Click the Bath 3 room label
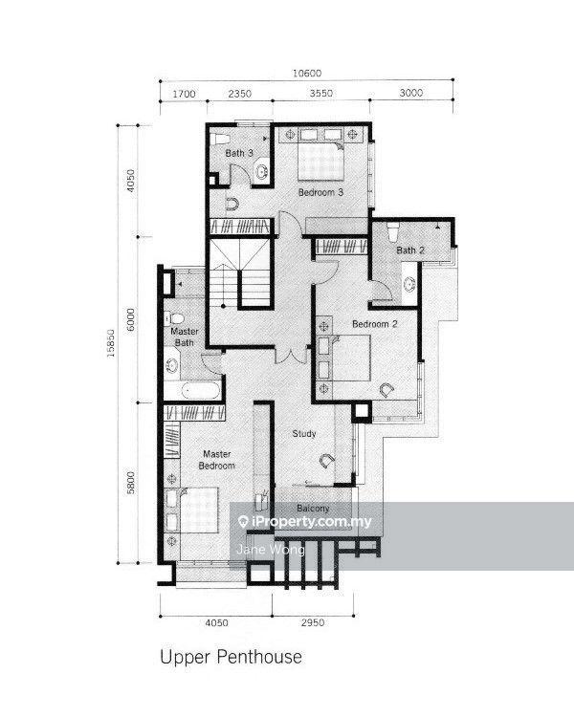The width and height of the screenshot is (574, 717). [x=239, y=153]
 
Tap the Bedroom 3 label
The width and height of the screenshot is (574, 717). [x=320, y=192]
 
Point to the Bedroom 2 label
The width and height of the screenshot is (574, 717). [x=374, y=324]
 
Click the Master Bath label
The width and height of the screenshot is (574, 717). [x=184, y=337]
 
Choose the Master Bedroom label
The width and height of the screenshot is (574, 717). [x=216, y=460]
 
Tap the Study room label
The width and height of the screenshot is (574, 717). [x=303, y=434]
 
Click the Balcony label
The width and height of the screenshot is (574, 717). [x=313, y=508]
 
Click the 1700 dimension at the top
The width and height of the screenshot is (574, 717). [x=185, y=95]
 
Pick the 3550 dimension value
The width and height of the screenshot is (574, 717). [x=320, y=95]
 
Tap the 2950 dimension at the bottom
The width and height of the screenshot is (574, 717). [x=313, y=623]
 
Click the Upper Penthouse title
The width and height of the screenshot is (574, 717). [x=230, y=658]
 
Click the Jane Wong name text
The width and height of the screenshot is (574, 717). [x=256, y=550]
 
